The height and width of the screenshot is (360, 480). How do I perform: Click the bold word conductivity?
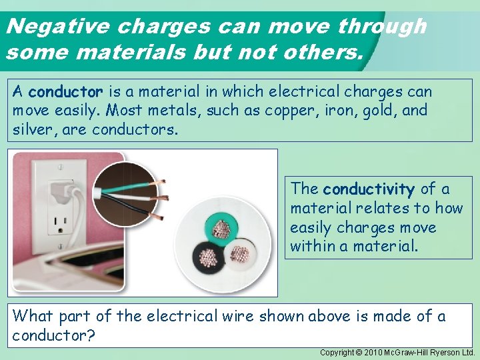(369, 189)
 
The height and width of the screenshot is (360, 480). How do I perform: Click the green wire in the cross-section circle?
(221, 227)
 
